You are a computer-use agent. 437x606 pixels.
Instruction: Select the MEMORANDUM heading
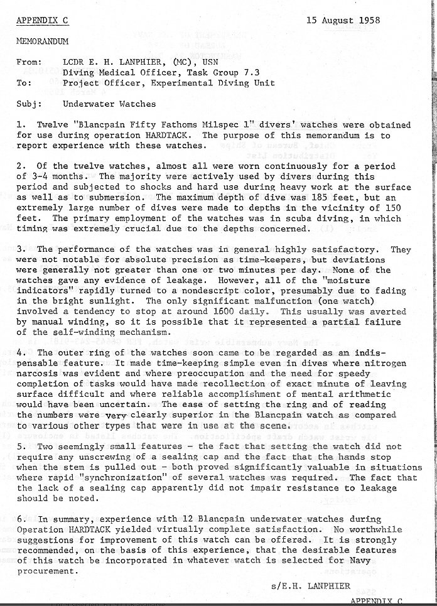[x=42, y=41]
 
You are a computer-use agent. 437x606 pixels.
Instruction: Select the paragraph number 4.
[x=20, y=352]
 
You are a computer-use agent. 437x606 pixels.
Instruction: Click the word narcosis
[x=40, y=373]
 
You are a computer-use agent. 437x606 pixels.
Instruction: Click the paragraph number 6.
[x=20, y=519]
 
